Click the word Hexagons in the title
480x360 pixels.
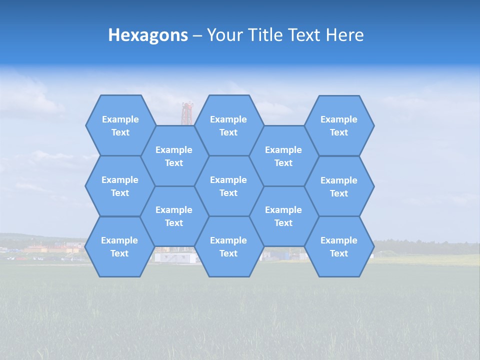pos(148,35)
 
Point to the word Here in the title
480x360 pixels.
pos(344,35)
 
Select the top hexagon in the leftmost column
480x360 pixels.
pos(120,125)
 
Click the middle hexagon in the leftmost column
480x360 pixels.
pos(120,186)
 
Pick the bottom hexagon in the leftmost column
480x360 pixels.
pos(119,246)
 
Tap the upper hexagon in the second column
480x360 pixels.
pos(174,156)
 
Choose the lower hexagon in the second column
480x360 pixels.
pos(174,216)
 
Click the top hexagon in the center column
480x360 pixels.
pos(228,125)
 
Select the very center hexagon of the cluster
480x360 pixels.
pos(228,186)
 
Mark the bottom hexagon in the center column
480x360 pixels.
pos(228,246)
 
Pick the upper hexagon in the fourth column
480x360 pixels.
pos(283,156)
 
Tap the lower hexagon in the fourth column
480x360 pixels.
pos(283,216)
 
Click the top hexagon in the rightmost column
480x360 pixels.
pos(339,125)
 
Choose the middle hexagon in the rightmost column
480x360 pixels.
pos(339,186)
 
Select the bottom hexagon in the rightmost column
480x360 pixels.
pos(339,246)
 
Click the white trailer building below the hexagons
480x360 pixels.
pos(174,257)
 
